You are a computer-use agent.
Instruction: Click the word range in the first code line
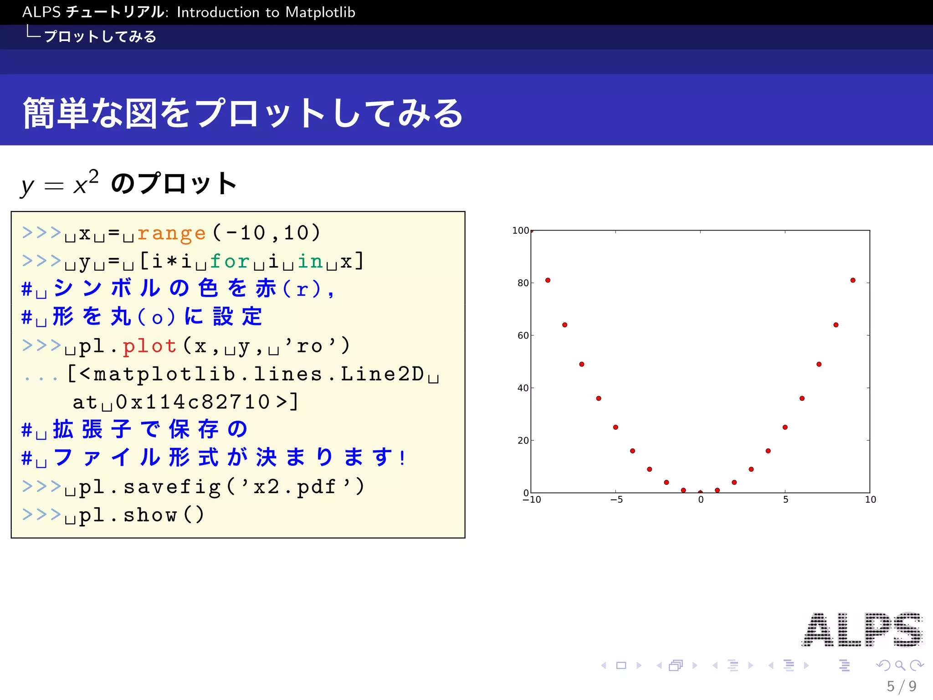coord(171,233)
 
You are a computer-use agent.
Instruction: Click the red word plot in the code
coord(149,346)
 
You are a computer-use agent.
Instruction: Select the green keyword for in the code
coord(230,262)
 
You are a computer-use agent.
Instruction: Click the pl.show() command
coord(141,515)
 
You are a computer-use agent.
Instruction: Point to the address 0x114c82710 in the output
coord(193,402)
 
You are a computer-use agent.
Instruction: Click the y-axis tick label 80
coord(523,283)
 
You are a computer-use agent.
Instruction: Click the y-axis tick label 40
coord(523,388)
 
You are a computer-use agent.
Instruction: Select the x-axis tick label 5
coord(785,500)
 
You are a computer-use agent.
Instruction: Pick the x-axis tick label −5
coord(616,500)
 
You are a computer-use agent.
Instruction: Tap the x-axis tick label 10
coord(870,500)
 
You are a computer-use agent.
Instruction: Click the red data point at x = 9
coord(853,280)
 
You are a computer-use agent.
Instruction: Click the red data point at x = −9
coord(548,280)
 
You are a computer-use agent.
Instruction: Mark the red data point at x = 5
coord(785,427)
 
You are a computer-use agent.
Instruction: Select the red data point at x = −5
coord(615,427)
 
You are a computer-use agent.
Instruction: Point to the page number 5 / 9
coord(901,686)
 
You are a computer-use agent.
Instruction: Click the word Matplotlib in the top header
coord(320,12)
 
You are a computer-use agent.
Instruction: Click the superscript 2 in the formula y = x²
coord(93,176)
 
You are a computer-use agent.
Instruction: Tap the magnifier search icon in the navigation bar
coord(900,665)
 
